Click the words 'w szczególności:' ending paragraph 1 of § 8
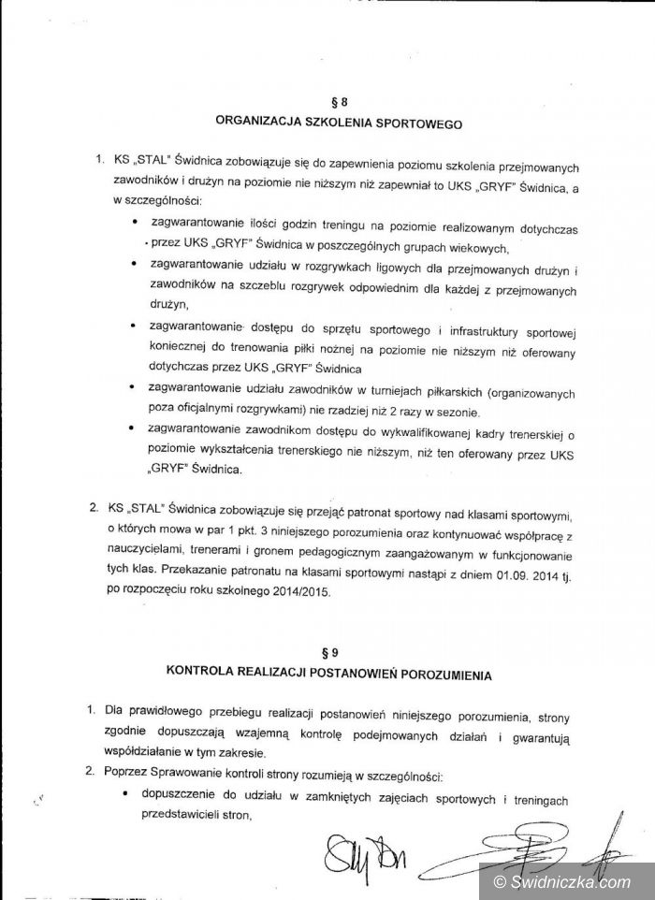pos(155,201)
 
